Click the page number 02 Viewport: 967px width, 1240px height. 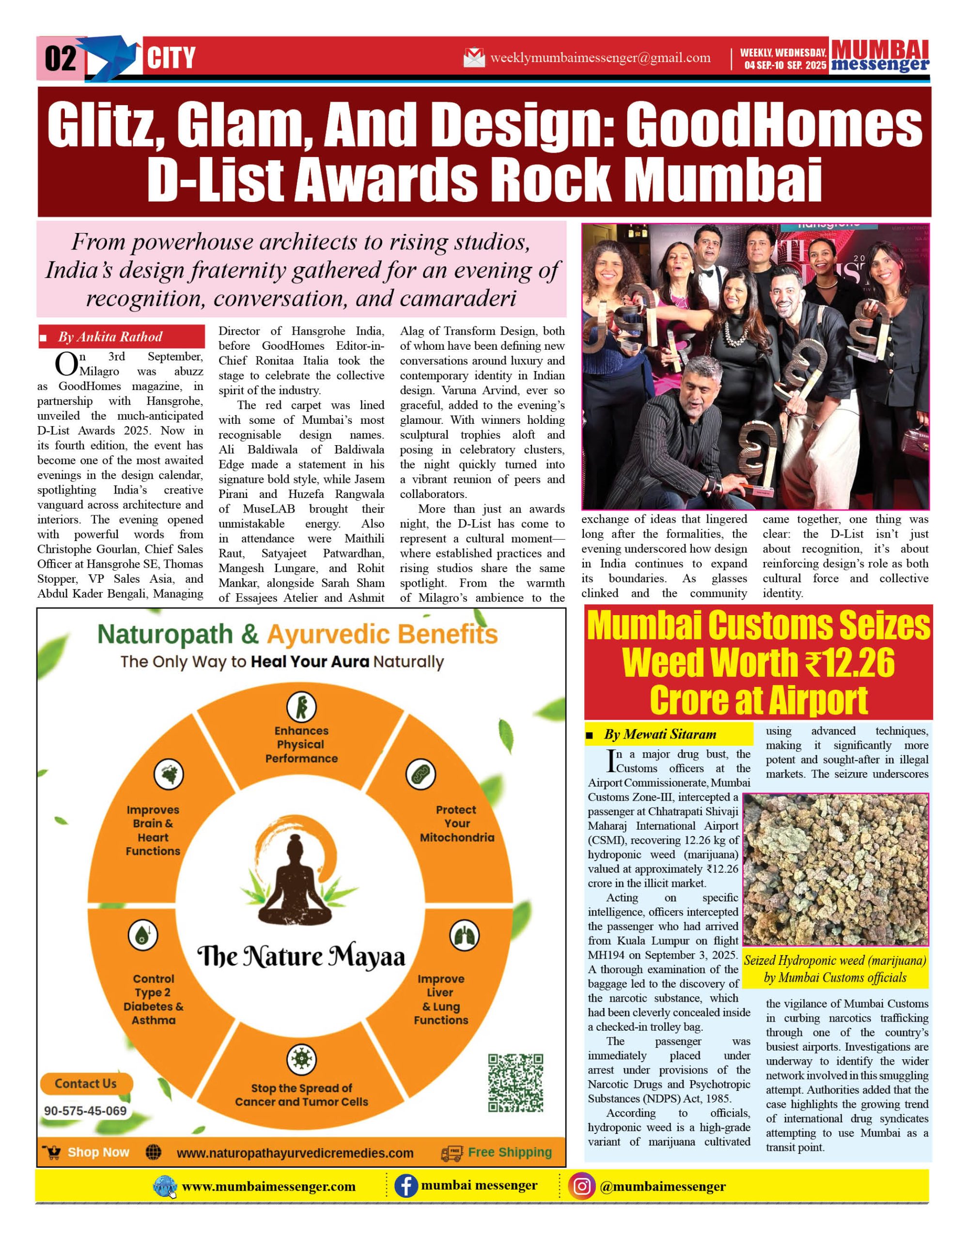click(x=60, y=59)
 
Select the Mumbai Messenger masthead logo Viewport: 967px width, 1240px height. click(x=880, y=56)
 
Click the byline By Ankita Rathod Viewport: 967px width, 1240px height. click(x=110, y=337)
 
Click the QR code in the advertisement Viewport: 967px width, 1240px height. click(x=515, y=1083)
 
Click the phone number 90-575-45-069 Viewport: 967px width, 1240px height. click(x=85, y=1111)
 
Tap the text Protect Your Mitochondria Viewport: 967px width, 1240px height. click(x=456, y=823)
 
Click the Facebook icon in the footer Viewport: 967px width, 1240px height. click(x=406, y=1187)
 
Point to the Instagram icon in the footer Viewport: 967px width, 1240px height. click(x=581, y=1187)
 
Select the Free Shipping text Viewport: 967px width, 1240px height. click(x=509, y=1152)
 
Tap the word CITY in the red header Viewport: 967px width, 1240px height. click(x=171, y=59)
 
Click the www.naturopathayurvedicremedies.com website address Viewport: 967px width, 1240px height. click(x=295, y=1153)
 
